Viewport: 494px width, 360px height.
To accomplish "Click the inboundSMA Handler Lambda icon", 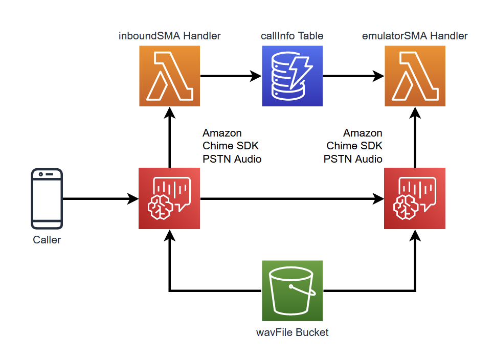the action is click(169, 76).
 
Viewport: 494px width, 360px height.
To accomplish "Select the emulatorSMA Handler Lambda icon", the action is click(415, 76).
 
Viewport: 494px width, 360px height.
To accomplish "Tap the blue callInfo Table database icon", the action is click(293, 76).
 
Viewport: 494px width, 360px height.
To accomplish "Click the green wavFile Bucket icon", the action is click(293, 290).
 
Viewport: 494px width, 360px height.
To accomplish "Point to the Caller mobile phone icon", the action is click(47, 199).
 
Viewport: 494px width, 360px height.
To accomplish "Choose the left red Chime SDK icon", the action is click(169, 198).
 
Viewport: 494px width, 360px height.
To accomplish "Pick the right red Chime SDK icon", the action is click(415, 198).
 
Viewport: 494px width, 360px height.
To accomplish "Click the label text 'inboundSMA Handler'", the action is click(169, 36).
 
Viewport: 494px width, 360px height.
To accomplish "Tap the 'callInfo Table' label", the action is click(292, 36).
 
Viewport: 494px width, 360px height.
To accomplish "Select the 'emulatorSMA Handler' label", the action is click(415, 36).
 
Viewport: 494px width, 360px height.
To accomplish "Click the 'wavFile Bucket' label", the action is click(293, 332).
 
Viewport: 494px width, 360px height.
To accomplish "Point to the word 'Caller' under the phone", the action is click(47, 240).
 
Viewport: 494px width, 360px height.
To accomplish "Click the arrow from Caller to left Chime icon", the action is click(101, 199).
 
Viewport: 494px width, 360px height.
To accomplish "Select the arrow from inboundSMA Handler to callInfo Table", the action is click(231, 76).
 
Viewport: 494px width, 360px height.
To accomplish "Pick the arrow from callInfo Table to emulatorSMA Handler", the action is click(353, 76).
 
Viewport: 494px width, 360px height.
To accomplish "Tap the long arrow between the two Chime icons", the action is click(292, 199).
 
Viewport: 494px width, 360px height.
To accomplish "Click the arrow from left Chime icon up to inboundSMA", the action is click(170, 138).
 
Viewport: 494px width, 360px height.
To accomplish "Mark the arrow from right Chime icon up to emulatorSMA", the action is click(415, 138).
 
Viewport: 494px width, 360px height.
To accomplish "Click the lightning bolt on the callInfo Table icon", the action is click(300, 72).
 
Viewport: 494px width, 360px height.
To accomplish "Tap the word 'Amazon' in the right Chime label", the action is click(363, 133).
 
